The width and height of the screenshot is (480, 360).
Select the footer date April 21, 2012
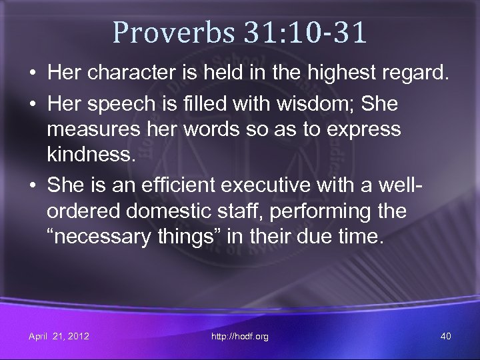(59, 336)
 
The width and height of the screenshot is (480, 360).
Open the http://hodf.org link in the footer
(240, 336)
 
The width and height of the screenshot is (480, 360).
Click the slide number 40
(445, 336)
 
